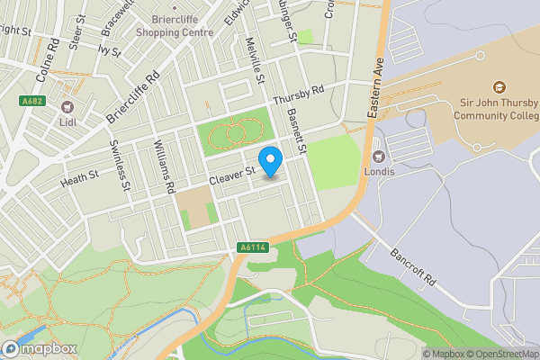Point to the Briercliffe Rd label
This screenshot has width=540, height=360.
131,99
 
